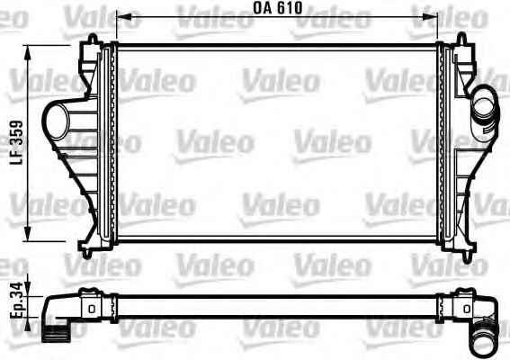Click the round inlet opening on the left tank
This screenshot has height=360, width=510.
pyautogui.click(x=55, y=120)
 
